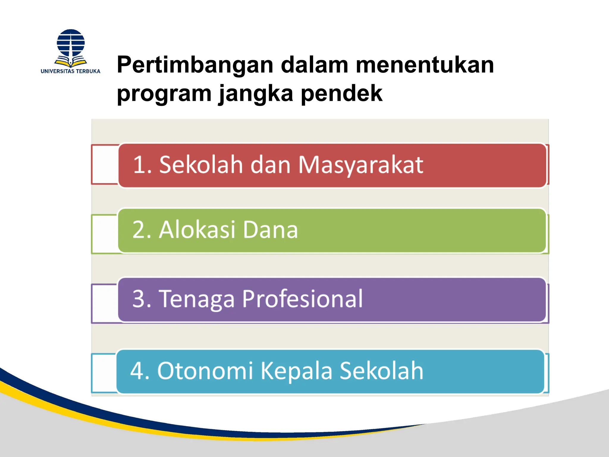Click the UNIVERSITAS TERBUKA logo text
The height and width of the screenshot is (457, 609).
coord(70,71)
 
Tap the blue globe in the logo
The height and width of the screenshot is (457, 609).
coord(71,43)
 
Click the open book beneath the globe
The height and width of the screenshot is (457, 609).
coord(71,62)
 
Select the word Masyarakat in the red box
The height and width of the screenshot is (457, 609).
coord(360,165)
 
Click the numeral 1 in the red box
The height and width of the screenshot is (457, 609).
coord(139,165)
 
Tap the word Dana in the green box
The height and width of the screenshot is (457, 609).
coord(270,230)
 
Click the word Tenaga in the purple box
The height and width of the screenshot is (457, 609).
coord(197,299)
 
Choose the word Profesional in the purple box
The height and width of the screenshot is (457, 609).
coord(302,299)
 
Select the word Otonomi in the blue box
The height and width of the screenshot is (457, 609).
coord(205,371)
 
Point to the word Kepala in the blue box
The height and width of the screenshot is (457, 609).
coord(296,371)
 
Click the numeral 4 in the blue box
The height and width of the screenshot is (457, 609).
coord(137,371)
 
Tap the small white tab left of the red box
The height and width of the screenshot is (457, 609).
coord(105,165)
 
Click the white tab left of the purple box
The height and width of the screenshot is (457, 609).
coord(105,303)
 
